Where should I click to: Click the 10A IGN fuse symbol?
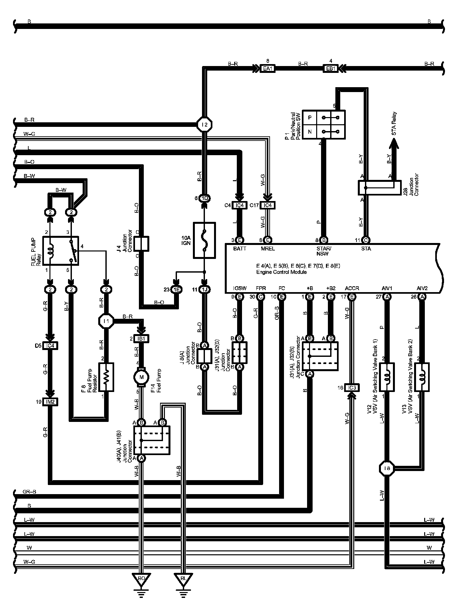[204, 240]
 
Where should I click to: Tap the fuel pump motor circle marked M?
[141, 377]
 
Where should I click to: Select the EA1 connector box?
[268, 69]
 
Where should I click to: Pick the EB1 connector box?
[330, 69]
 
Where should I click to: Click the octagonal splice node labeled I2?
[205, 124]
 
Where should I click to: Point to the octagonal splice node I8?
[387, 468]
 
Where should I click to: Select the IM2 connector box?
[50, 402]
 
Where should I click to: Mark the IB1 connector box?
[141, 339]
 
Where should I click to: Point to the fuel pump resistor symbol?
[106, 377]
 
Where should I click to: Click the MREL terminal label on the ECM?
[268, 249]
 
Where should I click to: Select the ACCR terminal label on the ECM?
[352, 288]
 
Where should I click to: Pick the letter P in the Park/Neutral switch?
[310, 118]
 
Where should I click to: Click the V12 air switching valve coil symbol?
[387, 377]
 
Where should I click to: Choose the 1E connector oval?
[177, 289]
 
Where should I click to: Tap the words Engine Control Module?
[281, 272]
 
